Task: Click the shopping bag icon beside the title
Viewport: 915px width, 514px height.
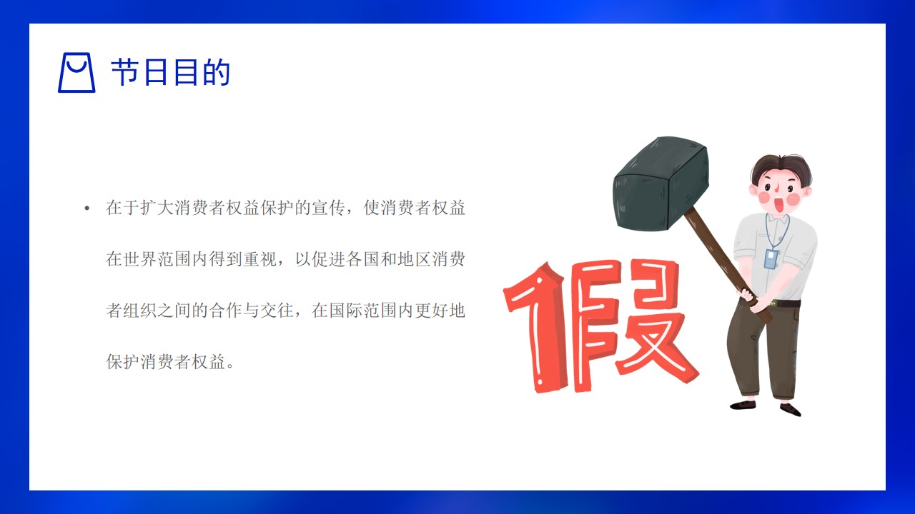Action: [x=76, y=72]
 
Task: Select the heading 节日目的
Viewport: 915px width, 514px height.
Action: [x=171, y=72]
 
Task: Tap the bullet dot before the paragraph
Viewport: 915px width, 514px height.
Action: [x=86, y=209]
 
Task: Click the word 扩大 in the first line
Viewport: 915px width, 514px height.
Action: [x=157, y=208]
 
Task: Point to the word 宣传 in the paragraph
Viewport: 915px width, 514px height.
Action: [x=329, y=208]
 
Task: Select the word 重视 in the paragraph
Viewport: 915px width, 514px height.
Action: [x=260, y=259]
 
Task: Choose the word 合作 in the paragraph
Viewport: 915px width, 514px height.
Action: [x=226, y=311]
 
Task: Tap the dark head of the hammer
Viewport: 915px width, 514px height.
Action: [x=661, y=183]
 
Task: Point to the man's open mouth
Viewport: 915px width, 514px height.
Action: [x=779, y=204]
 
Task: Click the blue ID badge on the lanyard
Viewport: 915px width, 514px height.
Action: [x=771, y=258]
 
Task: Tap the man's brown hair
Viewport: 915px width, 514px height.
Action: [x=780, y=168]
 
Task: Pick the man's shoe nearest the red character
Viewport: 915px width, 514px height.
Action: [x=743, y=405]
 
